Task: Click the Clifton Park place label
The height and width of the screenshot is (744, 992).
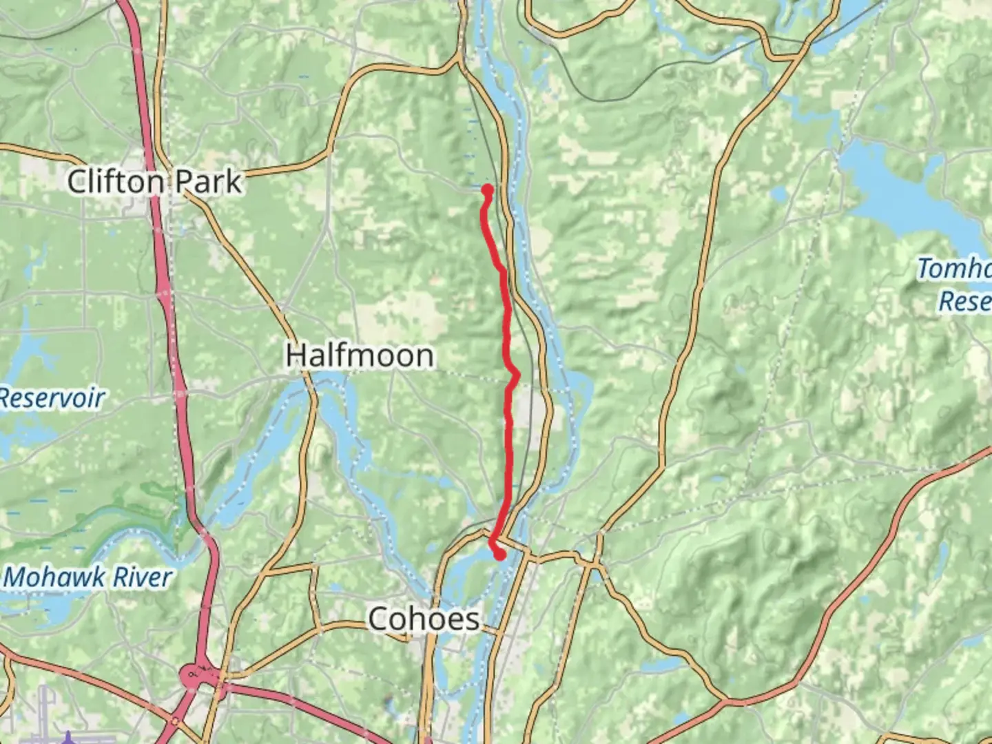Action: pos(154,182)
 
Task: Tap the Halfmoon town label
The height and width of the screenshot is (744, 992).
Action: pos(360,355)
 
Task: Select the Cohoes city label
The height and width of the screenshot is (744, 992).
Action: pos(424,619)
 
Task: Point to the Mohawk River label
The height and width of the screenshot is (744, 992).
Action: pos(87,577)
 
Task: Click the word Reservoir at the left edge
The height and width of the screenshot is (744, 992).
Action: pos(52,398)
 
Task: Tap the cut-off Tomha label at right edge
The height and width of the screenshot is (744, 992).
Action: pos(953,269)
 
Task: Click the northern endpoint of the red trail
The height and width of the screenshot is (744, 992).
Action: pos(488,189)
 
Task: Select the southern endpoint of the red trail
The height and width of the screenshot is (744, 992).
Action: pos(499,553)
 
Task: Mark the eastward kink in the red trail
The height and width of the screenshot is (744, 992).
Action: pos(516,374)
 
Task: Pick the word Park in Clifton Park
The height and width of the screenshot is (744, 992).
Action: pos(208,182)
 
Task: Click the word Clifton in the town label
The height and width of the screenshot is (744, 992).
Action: pos(116,182)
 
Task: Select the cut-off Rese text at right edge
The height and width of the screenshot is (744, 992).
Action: pos(964,301)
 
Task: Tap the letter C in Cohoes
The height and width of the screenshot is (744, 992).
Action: pos(379,619)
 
